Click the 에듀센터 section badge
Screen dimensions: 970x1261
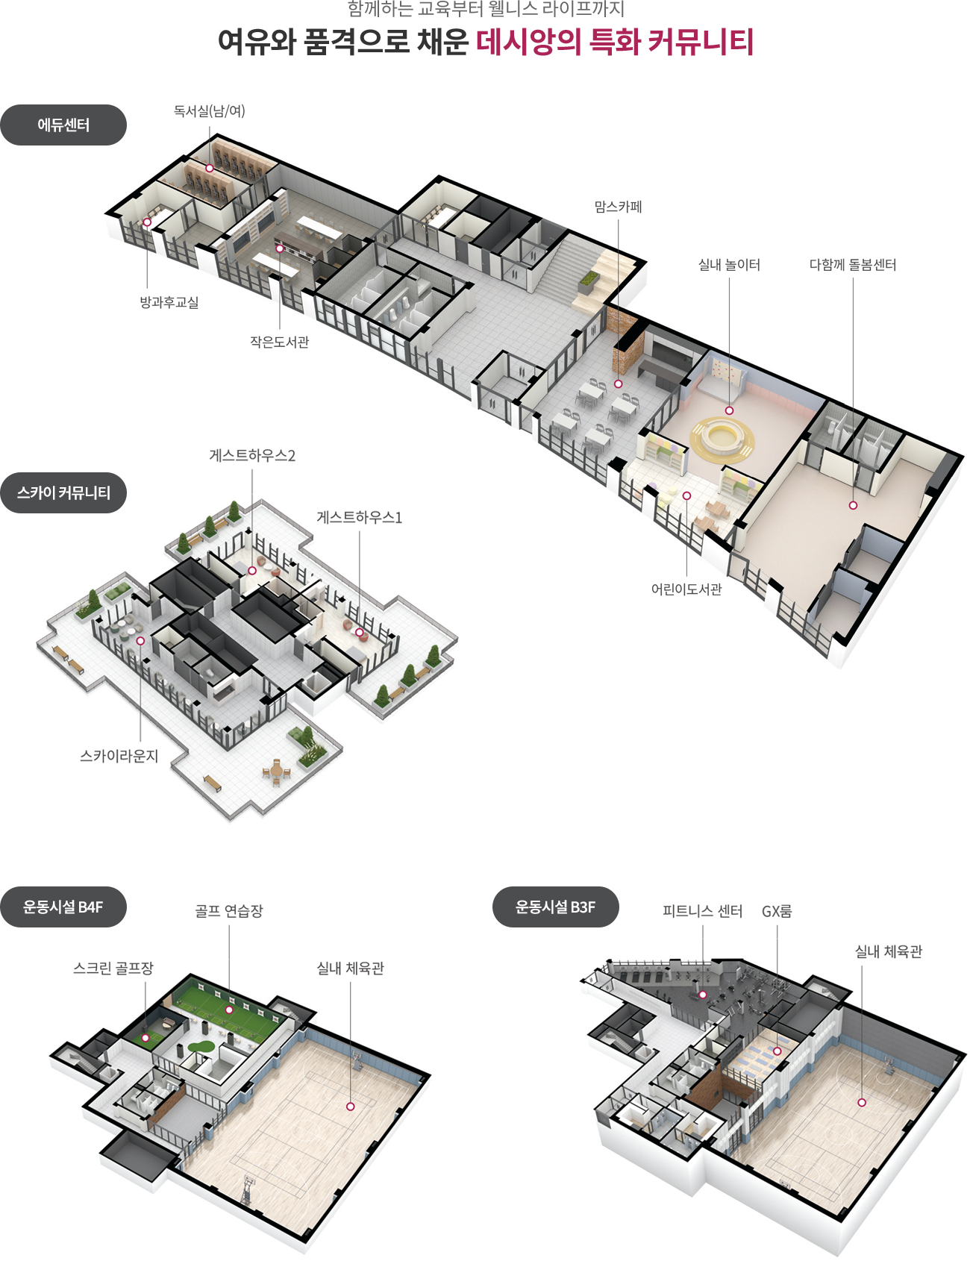click(x=63, y=125)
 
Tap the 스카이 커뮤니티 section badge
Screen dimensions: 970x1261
click(x=63, y=492)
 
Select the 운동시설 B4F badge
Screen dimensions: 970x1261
click(x=63, y=907)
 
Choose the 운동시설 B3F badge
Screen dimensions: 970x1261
click(x=556, y=907)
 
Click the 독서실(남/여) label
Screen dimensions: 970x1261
click(x=210, y=111)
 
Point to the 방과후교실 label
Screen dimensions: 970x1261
click(x=169, y=302)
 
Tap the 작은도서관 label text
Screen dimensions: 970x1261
click(x=279, y=342)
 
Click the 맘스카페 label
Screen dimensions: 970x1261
click(x=618, y=207)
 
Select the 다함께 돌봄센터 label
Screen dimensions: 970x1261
click(x=853, y=265)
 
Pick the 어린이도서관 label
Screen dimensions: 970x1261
click(x=686, y=589)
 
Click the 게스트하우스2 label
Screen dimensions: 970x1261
click(x=252, y=455)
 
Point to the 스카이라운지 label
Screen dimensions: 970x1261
click(x=119, y=756)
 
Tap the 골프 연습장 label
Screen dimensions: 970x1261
click(x=229, y=911)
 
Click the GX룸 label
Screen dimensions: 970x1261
click(x=777, y=911)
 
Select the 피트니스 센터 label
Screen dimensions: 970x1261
click(x=703, y=911)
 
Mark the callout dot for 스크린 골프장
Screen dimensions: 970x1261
click(x=145, y=1038)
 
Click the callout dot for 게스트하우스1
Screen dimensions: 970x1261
click(x=360, y=633)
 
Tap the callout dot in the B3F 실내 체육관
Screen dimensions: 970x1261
click(x=862, y=1102)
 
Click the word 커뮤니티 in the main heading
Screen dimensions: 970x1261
click(x=701, y=42)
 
